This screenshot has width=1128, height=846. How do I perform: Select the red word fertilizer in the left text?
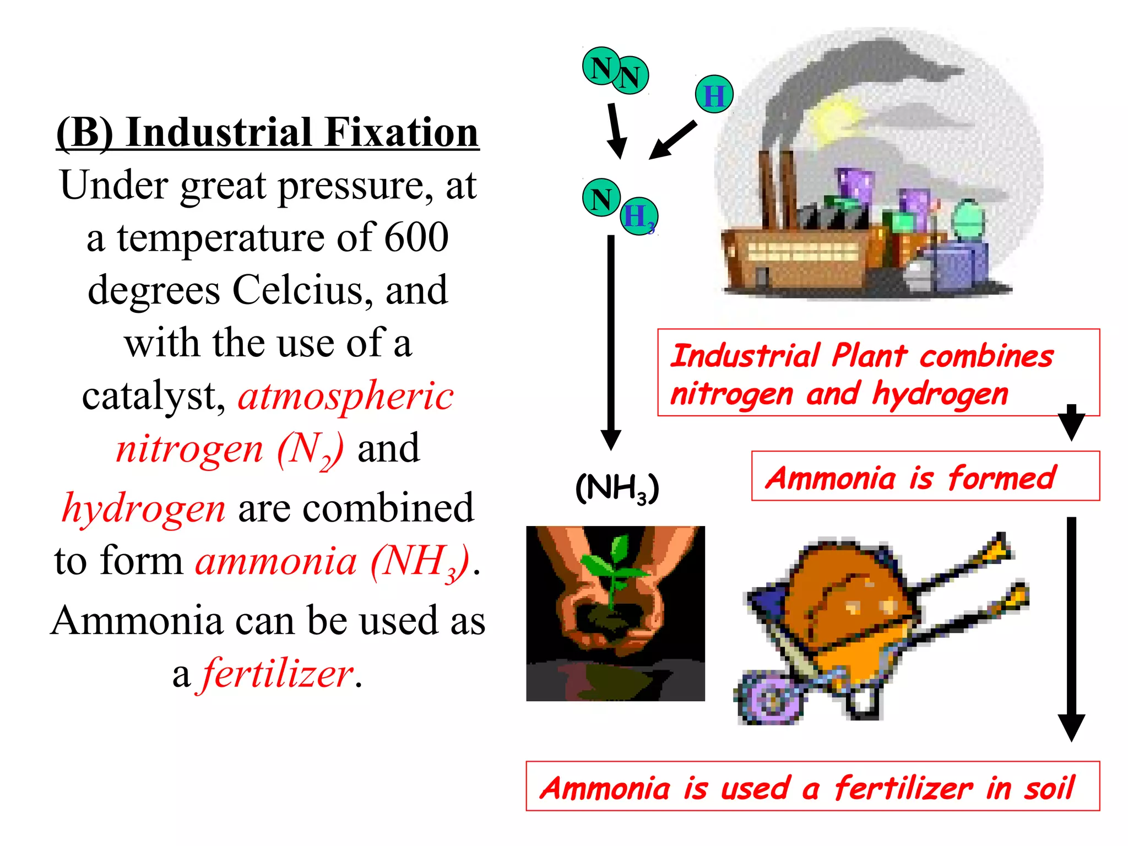click(278, 673)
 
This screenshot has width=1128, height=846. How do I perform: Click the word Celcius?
click(297, 290)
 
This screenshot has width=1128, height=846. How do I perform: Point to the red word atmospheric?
click(345, 395)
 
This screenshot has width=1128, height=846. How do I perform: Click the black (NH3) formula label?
click(616, 488)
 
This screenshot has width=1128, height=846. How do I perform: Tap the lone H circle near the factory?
click(714, 95)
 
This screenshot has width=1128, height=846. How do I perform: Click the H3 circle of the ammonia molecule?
click(639, 216)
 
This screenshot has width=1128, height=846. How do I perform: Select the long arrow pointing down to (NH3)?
click(611, 341)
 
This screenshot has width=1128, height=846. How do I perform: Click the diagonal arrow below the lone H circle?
click(673, 140)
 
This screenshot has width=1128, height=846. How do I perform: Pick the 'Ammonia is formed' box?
click(925, 476)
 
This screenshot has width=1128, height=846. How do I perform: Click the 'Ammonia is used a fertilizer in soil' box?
click(812, 787)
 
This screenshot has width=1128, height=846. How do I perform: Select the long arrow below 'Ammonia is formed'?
click(1071, 628)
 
